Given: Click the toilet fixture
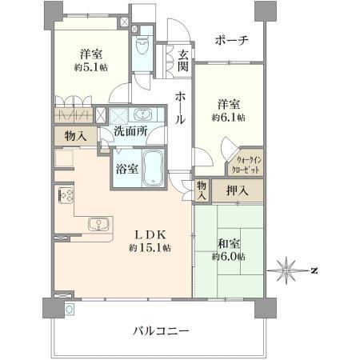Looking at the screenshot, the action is click(x=142, y=45).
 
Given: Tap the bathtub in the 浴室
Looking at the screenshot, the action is click(x=153, y=168).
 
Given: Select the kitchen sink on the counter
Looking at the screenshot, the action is click(x=99, y=224).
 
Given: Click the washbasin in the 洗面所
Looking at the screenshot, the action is click(x=142, y=115).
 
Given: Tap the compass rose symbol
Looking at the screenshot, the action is click(x=286, y=270).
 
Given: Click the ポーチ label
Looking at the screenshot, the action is click(x=231, y=41).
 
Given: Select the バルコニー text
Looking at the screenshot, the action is click(x=161, y=331).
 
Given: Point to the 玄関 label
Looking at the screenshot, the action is click(x=183, y=61).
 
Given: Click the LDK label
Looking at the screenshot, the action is click(x=150, y=235).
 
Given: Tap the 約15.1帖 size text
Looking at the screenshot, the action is click(x=150, y=248).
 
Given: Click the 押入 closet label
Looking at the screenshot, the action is click(x=237, y=190).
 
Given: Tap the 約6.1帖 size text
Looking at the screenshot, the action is click(x=229, y=118).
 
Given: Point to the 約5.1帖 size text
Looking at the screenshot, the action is click(x=91, y=67).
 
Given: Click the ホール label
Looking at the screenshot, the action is click(x=180, y=108).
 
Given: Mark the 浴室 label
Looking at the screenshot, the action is click(x=127, y=169).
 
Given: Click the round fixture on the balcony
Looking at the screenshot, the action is click(x=70, y=310).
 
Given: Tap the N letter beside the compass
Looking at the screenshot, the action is click(x=314, y=271).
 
